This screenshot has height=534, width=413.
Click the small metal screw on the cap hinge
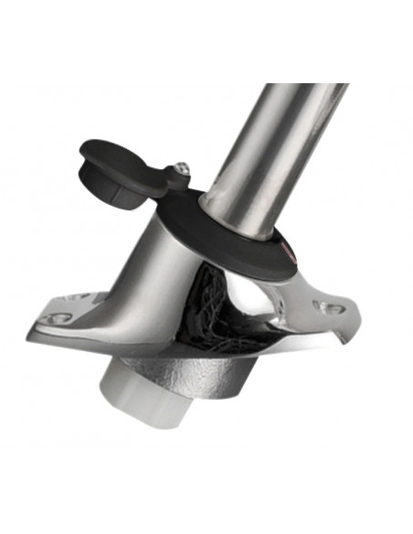183,168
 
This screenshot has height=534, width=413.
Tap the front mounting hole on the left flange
58,317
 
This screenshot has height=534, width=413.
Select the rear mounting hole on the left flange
81,296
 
